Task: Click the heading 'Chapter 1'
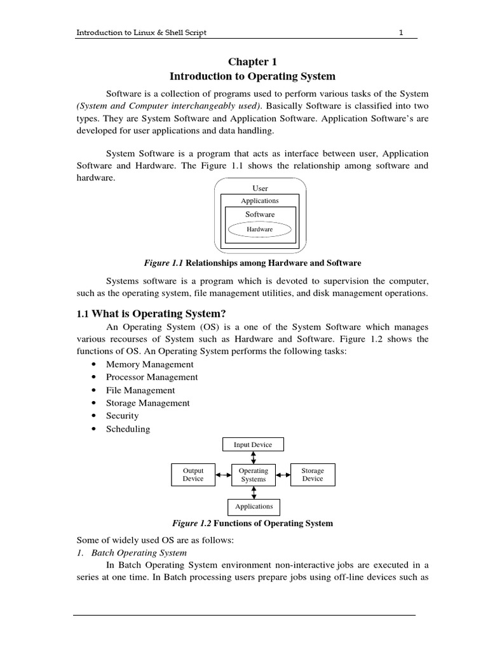pos(253,62)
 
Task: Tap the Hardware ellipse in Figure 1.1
pos(260,229)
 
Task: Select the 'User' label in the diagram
pos(260,189)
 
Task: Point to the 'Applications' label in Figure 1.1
pos(260,201)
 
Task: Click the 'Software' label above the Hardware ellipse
pos(260,215)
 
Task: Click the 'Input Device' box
pos(253,444)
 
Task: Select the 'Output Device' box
pos(193,475)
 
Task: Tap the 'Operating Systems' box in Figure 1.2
pos(254,475)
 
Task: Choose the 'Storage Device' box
pos(313,475)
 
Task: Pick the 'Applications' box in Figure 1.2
pos(254,507)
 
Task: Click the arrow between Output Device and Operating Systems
pos(224,475)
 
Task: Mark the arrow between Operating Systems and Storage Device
pos(283,475)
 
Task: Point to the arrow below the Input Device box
pos(254,458)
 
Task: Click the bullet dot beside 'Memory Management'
pos(94,365)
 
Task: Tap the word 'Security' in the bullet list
pos(122,416)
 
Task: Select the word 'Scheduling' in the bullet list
pos(128,429)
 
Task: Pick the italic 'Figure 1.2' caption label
pos(192,524)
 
